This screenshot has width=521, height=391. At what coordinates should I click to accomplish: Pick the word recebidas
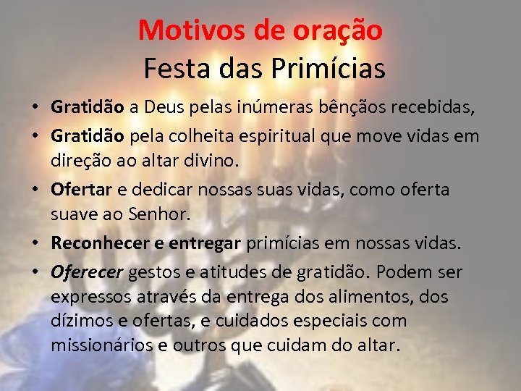click(x=434, y=108)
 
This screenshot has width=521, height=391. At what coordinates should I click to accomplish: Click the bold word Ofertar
click(x=81, y=190)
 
